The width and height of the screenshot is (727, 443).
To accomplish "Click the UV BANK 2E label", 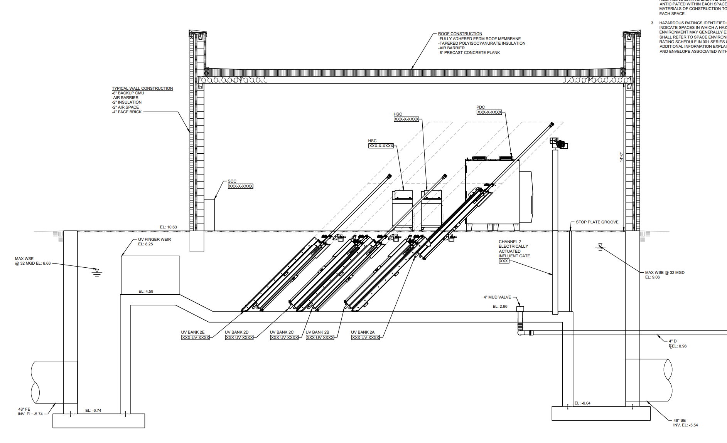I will coord(193,332).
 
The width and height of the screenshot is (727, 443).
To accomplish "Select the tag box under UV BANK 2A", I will coord(366,337).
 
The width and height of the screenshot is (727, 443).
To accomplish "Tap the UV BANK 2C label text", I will coord(282,332).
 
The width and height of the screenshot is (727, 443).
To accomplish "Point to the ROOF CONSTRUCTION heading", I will coord(460,34).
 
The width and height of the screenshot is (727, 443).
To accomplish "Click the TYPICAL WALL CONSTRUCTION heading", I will coord(142,88).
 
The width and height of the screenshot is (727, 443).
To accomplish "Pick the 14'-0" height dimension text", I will coord(621,157).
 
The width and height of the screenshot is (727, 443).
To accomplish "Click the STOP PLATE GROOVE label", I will coord(597,222).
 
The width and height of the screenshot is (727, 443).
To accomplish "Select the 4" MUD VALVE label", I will coord(497,297).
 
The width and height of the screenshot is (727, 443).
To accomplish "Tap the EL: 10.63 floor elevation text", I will coord(169,227).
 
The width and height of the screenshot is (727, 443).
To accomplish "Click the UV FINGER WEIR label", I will coord(154,239).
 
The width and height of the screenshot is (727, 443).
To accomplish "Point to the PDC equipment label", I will coord(481,107).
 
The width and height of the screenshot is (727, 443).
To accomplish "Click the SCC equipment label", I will coord(232,181).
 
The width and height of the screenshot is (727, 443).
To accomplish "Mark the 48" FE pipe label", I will coord(24,409).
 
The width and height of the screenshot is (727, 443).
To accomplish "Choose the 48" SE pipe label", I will coord(680,420).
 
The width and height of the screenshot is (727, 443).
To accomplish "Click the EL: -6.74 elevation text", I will coord(93,411).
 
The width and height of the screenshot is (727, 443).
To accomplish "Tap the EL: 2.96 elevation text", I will coord(500,307).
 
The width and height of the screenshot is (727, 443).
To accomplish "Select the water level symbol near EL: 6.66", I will coord(97,272).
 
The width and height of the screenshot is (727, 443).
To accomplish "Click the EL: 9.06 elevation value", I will coord(653,277).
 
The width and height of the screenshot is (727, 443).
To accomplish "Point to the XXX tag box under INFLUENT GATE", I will coord(504,261).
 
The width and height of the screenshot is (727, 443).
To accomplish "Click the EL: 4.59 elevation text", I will coord(146,292).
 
